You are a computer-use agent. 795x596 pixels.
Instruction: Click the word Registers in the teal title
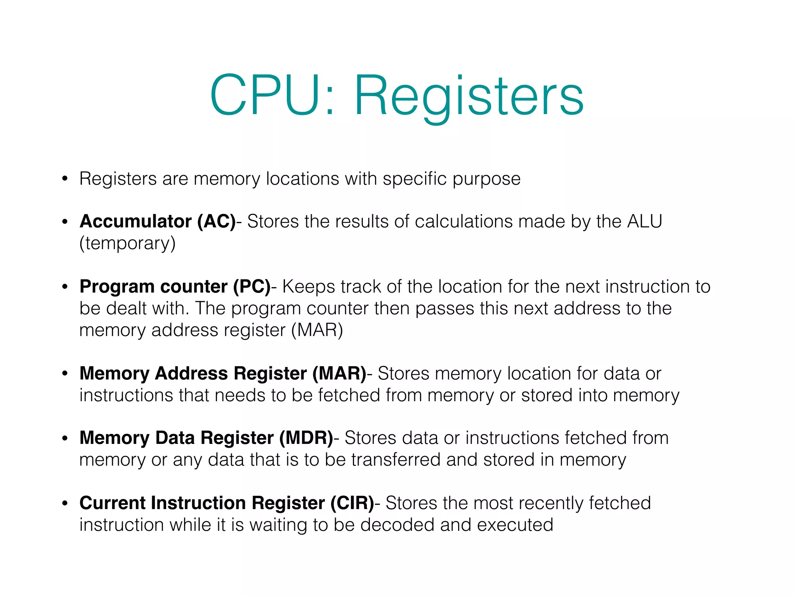[469, 97]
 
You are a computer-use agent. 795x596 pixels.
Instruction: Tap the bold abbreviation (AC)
[217, 222]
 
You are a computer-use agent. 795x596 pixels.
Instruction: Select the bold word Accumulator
[135, 222]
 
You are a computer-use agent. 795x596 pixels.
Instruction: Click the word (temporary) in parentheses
[127, 244]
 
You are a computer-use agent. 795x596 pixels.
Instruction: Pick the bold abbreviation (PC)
[252, 287]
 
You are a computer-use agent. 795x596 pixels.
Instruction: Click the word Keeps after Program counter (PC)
[308, 287]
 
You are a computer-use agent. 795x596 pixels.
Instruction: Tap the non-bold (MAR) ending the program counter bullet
[317, 330]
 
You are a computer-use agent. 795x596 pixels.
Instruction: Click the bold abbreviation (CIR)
[352, 503]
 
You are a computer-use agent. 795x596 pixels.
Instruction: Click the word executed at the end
[515, 525]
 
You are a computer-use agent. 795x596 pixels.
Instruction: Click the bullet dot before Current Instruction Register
[65, 503]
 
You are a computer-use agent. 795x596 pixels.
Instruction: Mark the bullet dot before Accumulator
[65, 222]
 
